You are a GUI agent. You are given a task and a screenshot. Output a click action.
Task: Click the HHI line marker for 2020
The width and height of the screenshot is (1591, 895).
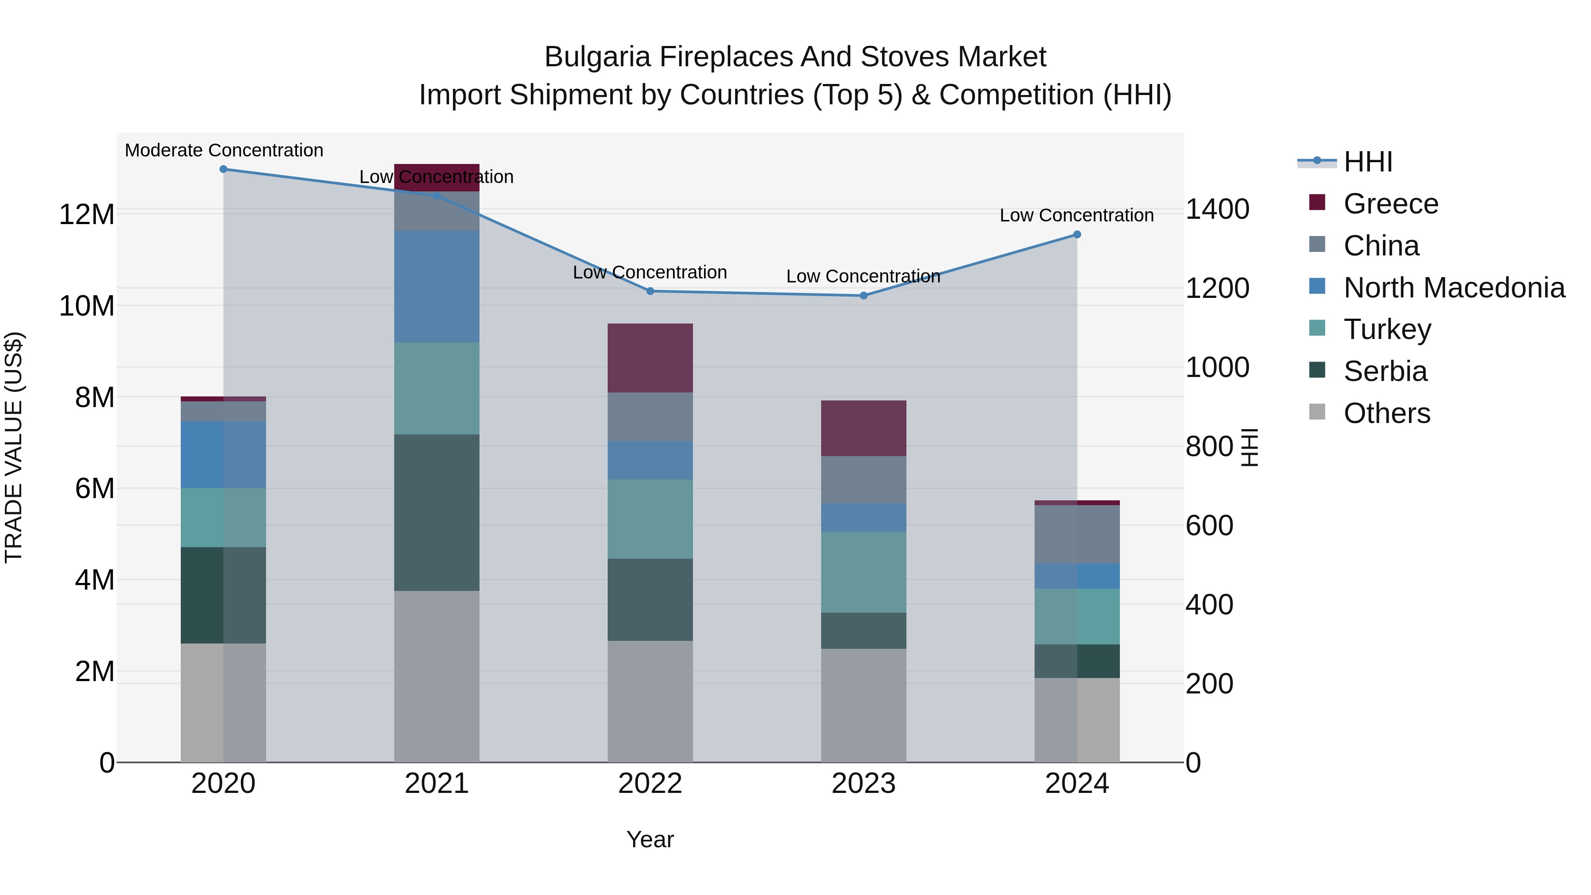(224, 169)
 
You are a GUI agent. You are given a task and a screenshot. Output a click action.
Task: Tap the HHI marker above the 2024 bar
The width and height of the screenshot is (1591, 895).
(1077, 235)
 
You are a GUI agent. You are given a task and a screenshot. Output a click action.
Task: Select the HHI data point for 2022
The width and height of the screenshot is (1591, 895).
(650, 291)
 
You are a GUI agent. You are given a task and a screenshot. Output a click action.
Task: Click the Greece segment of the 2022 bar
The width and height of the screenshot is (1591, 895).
(650, 358)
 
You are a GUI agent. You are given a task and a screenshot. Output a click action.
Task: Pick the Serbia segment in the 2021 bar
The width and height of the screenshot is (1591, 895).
(437, 513)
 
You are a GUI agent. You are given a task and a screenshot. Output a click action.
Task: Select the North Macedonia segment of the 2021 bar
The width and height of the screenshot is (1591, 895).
(437, 286)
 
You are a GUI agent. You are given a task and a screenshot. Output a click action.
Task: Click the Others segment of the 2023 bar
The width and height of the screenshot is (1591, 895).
(864, 705)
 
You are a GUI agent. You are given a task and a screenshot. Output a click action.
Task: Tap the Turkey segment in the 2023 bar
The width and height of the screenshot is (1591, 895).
(864, 572)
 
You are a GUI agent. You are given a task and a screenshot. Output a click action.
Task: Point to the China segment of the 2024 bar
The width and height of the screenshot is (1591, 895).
(1077, 534)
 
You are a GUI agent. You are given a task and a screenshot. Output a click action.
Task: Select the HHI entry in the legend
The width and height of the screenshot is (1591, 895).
(1367, 162)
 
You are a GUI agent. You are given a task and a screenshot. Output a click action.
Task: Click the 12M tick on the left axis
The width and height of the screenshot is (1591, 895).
(87, 215)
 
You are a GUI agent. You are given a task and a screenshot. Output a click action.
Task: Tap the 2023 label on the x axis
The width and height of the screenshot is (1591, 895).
(864, 784)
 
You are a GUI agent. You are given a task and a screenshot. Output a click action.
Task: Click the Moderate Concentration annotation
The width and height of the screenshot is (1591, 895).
(224, 151)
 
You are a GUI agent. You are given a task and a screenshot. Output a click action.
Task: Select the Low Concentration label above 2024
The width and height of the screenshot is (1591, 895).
(1077, 216)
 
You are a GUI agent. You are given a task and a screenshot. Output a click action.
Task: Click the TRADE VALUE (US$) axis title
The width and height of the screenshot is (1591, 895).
(14, 447)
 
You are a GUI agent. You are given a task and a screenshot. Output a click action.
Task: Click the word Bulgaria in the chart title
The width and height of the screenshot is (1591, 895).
(597, 57)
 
